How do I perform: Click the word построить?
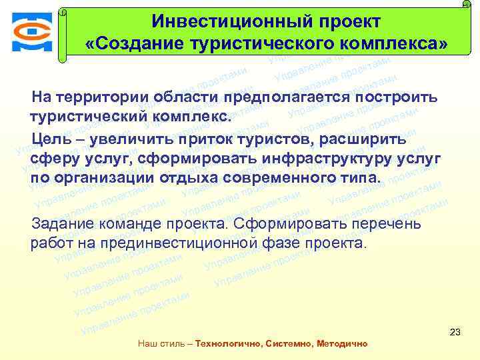pyautogui.click(x=397, y=97)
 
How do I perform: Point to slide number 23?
pyautogui.click(x=456, y=331)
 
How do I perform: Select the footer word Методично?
pyautogui.click(x=343, y=344)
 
